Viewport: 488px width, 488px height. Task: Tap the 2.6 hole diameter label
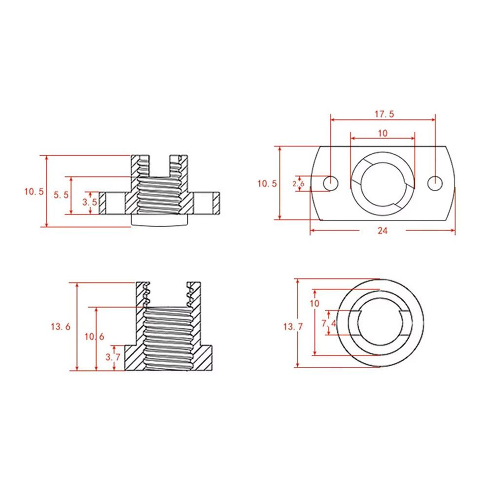[x=299, y=183]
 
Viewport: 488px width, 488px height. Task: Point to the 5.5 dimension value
[x=61, y=195]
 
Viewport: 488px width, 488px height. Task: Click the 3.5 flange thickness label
[x=89, y=203]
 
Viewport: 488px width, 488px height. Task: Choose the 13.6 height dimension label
[x=61, y=326]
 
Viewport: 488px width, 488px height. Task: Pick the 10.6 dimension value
[x=94, y=337]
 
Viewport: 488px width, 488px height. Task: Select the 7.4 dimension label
[x=329, y=323]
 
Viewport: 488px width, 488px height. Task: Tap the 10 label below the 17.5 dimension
[x=382, y=133]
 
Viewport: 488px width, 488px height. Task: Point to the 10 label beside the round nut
[x=314, y=303]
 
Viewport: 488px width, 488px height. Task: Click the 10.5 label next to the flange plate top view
[x=267, y=183]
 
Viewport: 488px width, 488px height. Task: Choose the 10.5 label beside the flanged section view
[x=35, y=191]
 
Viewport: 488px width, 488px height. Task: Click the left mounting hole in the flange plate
[x=331, y=183]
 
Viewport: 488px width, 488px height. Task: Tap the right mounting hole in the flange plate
[x=434, y=183]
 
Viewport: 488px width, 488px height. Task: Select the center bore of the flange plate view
[x=383, y=183]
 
